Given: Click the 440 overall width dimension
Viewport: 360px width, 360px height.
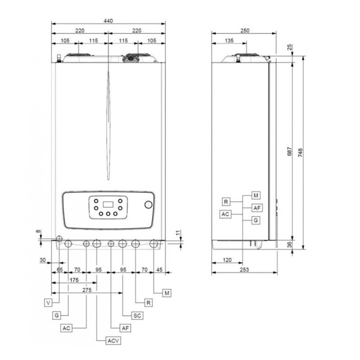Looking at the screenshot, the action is pos(108,21).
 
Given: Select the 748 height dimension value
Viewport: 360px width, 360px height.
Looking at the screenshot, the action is pos(300,153).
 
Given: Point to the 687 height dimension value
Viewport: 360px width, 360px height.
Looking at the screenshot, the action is pos(290,152).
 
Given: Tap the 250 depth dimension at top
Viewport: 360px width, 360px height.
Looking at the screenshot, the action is pos(245,31).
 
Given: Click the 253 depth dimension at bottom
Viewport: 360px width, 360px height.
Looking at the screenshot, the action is pos(244,270).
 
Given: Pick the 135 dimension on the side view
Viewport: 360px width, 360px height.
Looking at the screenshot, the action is pos(229,40).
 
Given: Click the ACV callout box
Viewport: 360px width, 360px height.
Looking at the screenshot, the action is pos(113,341).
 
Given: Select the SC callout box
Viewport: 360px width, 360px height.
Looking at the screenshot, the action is pos(137,316).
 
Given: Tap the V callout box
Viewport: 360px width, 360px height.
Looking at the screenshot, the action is pos(48,303).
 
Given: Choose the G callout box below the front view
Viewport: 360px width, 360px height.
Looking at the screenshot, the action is pos(57,315).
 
